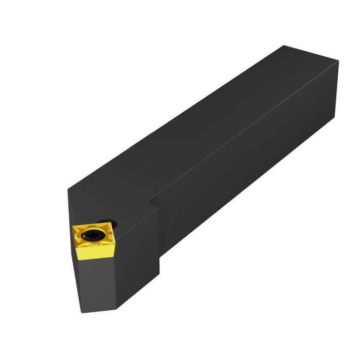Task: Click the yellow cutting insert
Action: pyautogui.click(x=93, y=239)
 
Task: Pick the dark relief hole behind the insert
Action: pyautogui.click(x=113, y=224)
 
